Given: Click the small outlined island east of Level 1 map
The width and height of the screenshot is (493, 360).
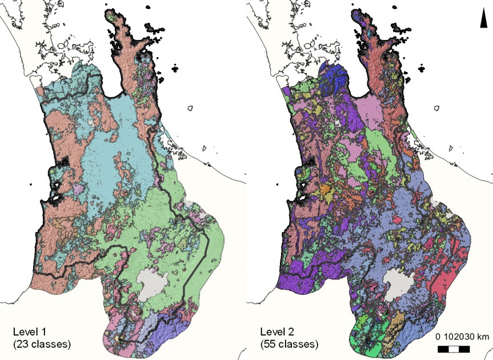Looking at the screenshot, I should click(x=191, y=107).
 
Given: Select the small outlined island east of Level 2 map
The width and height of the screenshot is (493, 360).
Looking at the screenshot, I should click(x=438, y=107).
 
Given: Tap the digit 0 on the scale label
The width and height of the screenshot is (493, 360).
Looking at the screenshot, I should click(x=438, y=336).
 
